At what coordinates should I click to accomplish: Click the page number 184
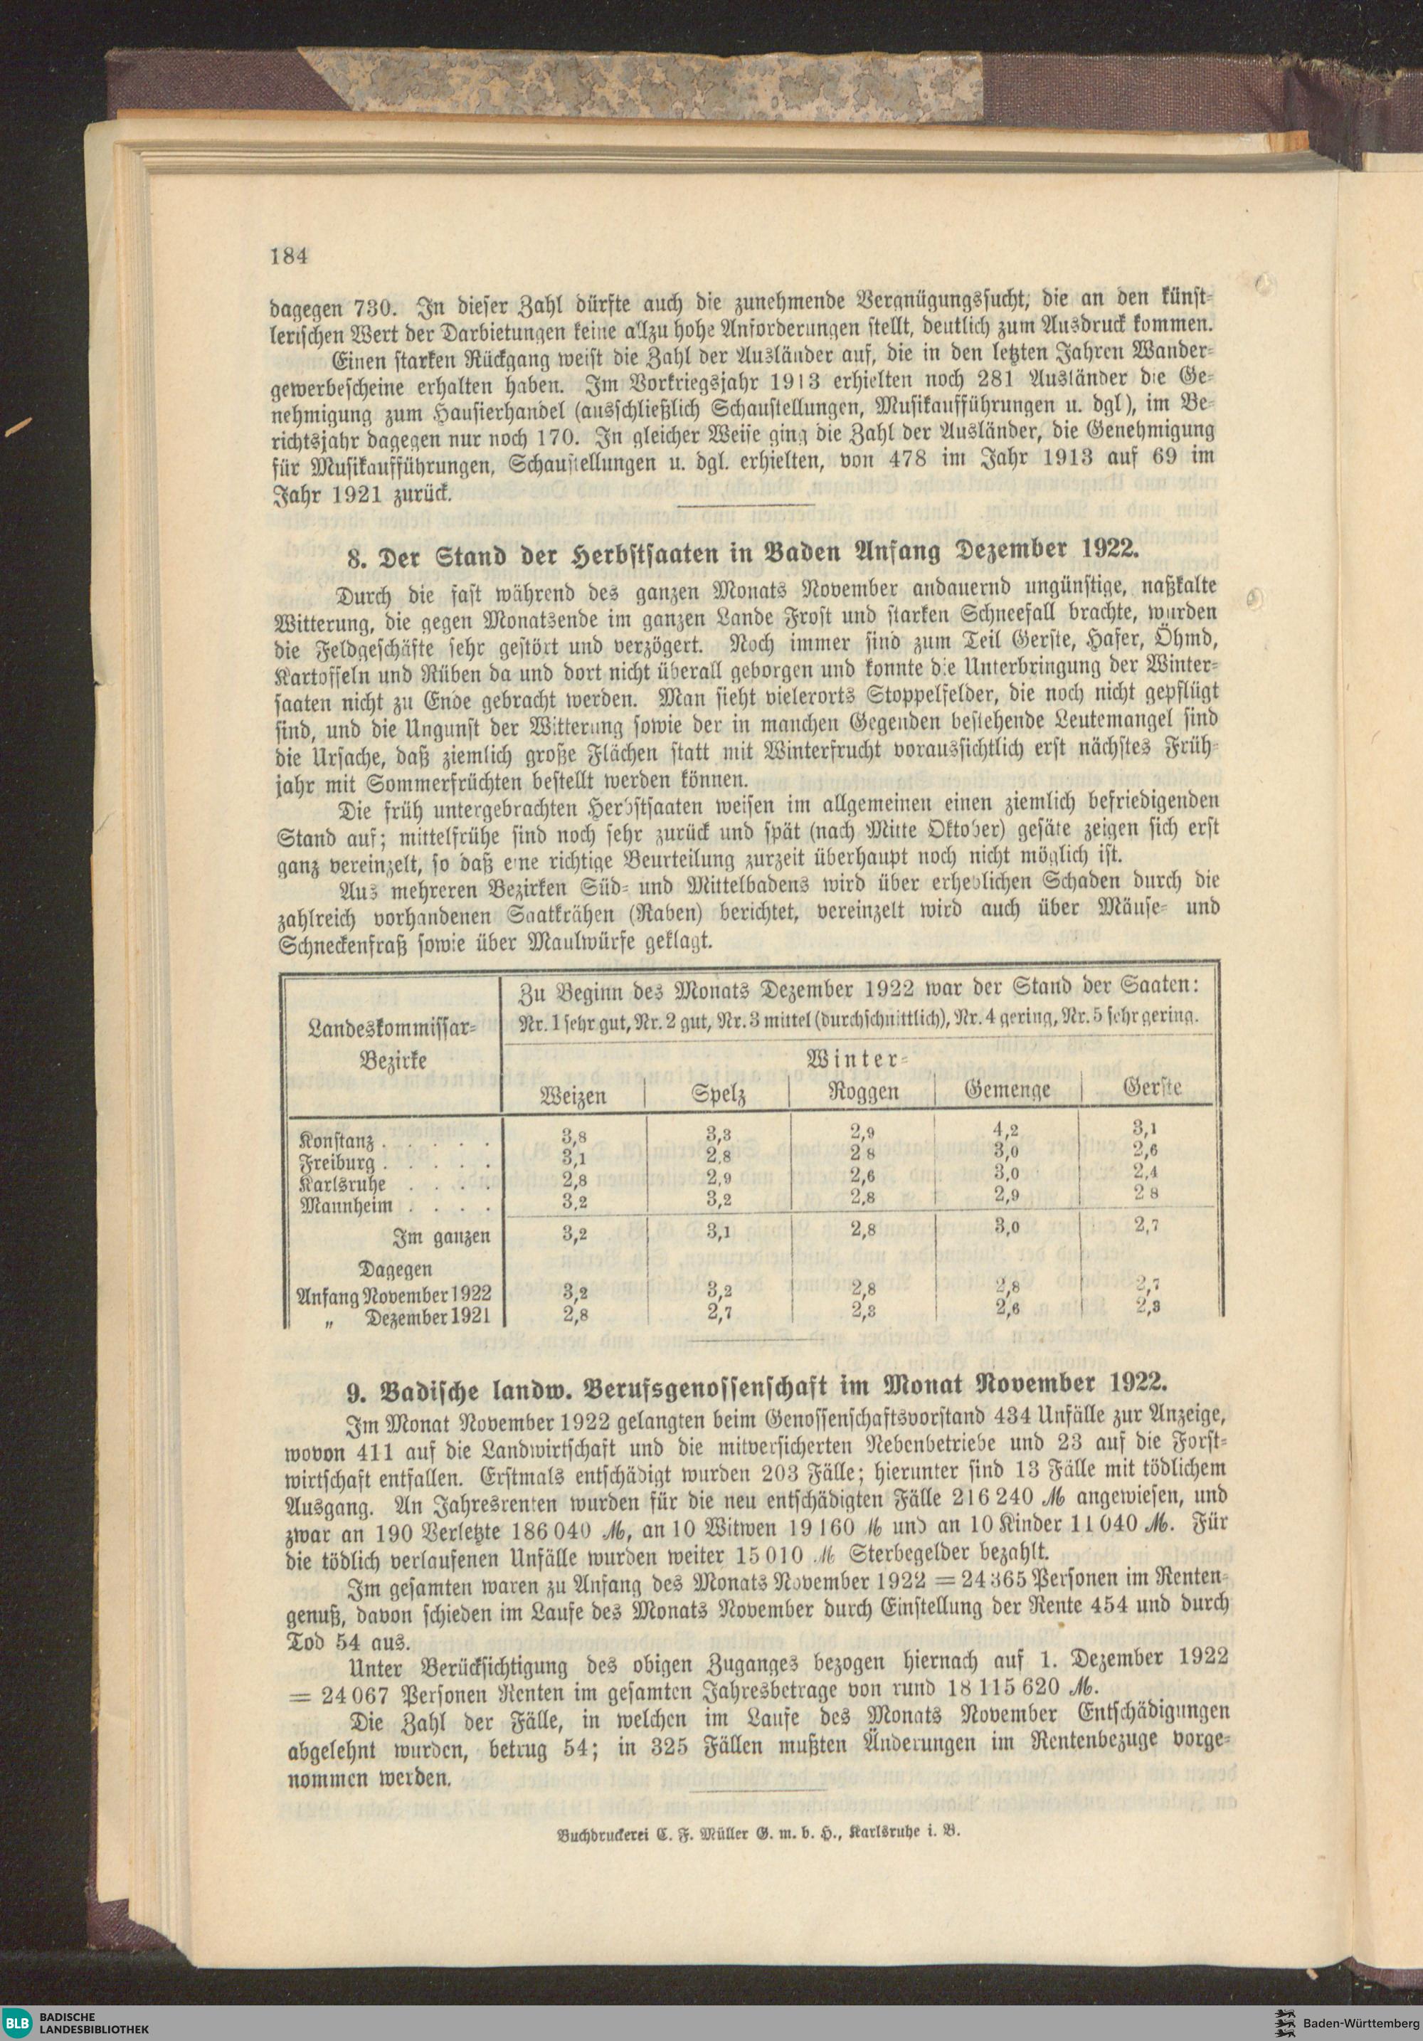(289, 256)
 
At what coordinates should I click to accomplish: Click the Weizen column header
(573, 1095)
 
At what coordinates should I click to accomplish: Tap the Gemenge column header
(1008, 1090)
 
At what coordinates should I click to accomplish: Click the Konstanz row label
(336, 1141)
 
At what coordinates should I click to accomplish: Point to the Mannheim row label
(340, 1207)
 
